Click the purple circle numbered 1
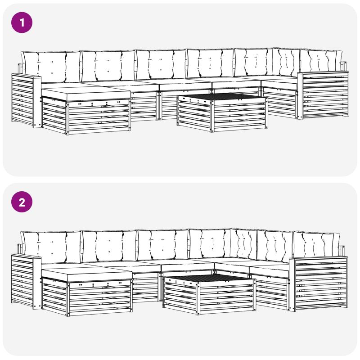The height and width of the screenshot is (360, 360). click(x=22, y=22)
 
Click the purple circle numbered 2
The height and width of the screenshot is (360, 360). click(x=22, y=202)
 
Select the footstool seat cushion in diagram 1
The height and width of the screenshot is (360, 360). click(x=86, y=94)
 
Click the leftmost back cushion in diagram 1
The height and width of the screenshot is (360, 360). click(x=51, y=67)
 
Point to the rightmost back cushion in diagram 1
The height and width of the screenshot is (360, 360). click(x=321, y=62)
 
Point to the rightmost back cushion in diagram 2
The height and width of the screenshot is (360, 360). click(x=316, y=244)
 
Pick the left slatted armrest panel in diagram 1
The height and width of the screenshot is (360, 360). click(x=26, y=100)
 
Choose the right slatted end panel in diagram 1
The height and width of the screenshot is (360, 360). click(x=323, y=95)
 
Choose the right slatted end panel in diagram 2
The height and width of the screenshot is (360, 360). click(x=319, y=284)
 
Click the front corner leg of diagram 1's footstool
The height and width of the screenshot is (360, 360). click(x=67, y=118)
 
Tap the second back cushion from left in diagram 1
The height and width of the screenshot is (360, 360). click(x=108, y=66)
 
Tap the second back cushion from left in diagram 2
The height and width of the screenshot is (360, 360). click(x=109, y=246)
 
